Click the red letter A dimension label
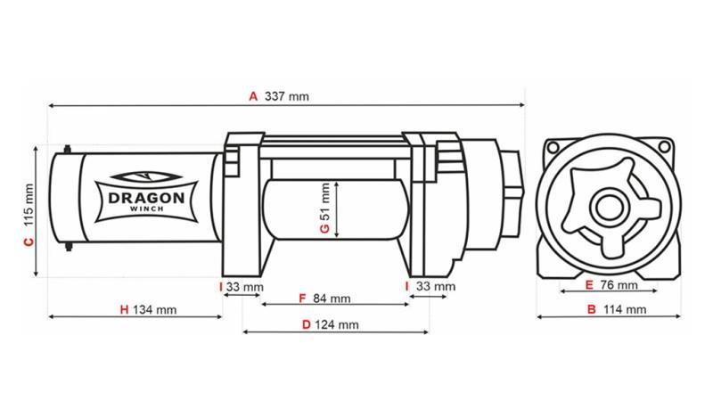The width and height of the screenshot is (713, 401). click(x=253, y=96)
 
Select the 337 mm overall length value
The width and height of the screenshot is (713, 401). click(x=286, y=96)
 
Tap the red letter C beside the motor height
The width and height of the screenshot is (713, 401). click(x=28, y=241)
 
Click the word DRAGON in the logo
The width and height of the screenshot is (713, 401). click(x=146, y=198)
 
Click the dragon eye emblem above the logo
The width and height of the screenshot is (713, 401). click(x=146, y=177)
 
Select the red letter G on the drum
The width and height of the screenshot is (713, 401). click(x=325, y=229)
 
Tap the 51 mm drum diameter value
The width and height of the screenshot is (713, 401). click(x=325, y=201)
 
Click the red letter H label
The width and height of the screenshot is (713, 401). click(x=124, y=310)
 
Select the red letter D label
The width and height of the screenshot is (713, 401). click(x=306, y=325)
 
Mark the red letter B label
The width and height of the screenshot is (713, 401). click(x=590, y=310)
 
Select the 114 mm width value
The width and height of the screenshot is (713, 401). click(x=624, y=310)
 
